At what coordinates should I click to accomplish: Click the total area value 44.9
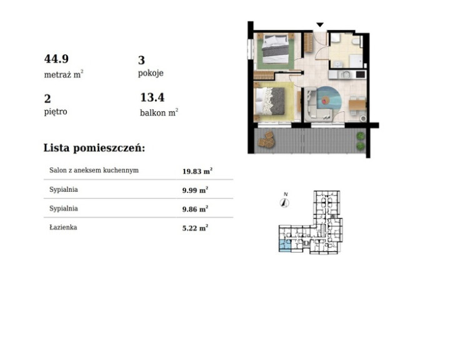pyautogui.click(x=56, y=59)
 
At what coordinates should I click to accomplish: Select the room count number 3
pyautogui.click(x=141, y=60)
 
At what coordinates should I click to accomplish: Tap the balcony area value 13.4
pyautogui.click(x=152, y=97)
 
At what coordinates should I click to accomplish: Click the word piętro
pyautogui.click(x=56, y=112)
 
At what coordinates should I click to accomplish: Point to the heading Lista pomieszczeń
pyautogui.click(x=94, y=148)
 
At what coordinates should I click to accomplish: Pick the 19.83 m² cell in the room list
pyautogui.click(x=197, y=171)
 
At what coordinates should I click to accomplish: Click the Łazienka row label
pyautogui.click(x=63, y=227)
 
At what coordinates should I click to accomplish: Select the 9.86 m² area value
pyautogui.click(x=195, y=209)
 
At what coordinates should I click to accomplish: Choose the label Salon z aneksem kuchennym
pyautogui.click(x=94, y=170)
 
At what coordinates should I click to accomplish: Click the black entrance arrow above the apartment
pyautogui.click(x=320, y=25)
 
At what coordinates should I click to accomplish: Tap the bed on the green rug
pyautogui.click(x=276, y=49)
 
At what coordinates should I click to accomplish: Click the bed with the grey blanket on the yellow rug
pyautogui.click(x=270, y=101)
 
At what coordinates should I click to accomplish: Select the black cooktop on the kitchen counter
pyautogui.click(x=361, y=74)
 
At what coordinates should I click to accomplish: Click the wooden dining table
pyautogui.click(x=357, y=105)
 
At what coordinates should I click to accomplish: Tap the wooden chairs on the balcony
pyautogui.click(x=267, y=139)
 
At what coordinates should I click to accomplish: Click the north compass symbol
pyautogui.click(x=284, y=202)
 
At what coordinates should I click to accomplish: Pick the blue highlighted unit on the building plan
pyautogui.click(x=285, y=246)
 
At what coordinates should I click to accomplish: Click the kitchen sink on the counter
pyautogui.click(x=345, y=74)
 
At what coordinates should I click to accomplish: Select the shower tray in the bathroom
pyautogui.click(x=356, y=61)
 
